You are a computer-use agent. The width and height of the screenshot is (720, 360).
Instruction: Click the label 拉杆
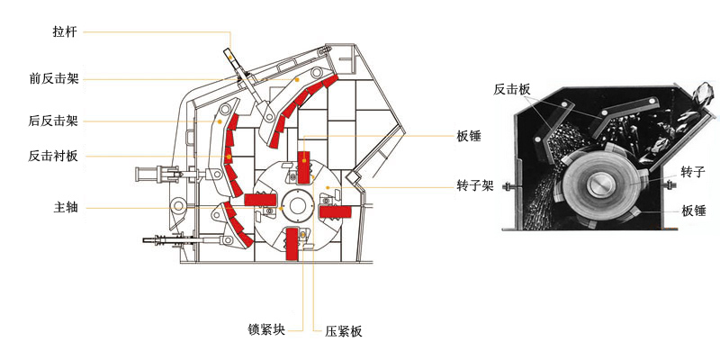[66, 32]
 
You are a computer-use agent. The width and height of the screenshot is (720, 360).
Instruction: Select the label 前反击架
[54, 78]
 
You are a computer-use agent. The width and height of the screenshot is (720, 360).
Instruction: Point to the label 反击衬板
[54, 157]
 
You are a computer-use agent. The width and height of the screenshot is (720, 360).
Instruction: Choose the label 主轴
[66, 208]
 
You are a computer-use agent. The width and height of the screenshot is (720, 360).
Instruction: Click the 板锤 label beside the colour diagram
[469, 137]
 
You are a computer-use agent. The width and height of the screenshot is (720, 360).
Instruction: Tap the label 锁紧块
[266, 328]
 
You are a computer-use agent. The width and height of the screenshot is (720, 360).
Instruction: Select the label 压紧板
[343, 331]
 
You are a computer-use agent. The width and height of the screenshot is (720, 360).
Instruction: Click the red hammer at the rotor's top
[304, 163]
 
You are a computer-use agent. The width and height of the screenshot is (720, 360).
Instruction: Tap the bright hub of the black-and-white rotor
[601, 186]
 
